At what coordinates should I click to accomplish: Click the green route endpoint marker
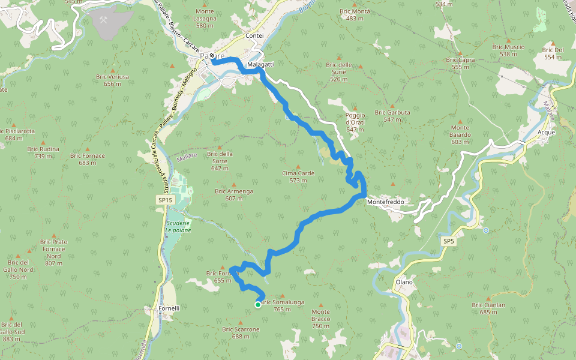[x=258, y=305]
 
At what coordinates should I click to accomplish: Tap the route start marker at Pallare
[x=212, y=56]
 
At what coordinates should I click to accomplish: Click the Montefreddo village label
[x=385, y=202]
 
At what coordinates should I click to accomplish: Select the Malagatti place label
[x=260, y=64]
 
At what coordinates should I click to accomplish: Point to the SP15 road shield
[x=165, y=200]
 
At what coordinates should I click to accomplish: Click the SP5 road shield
[x=449, y=241]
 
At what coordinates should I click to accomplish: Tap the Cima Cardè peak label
[x=298, y=173]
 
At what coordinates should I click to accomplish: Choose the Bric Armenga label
[x=234, y=191]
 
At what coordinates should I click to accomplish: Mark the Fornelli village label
[x=169, y=308]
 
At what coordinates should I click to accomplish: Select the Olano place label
[x=404, y=282]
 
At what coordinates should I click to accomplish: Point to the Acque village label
[x=547, y=132]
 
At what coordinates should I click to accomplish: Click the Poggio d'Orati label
[x=355, y=122]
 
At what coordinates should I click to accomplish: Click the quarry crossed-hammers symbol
[x=103, y=20]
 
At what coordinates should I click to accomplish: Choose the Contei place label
[x=254, y=36]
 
